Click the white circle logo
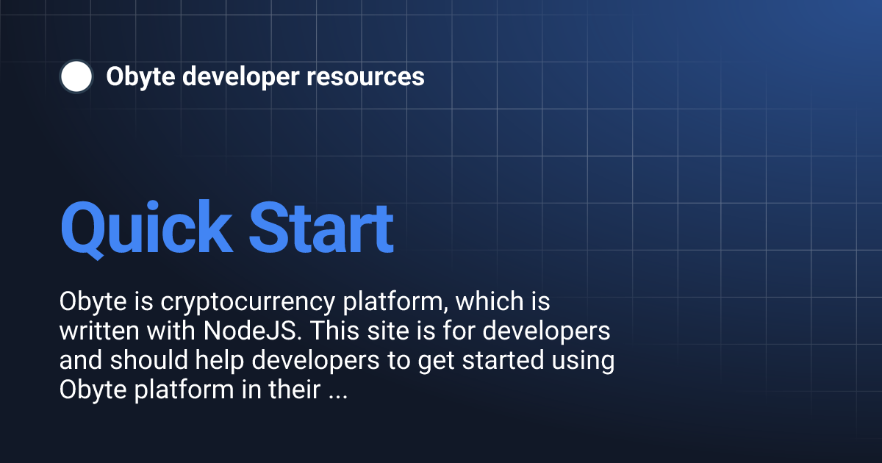click(x=76, y=76)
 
